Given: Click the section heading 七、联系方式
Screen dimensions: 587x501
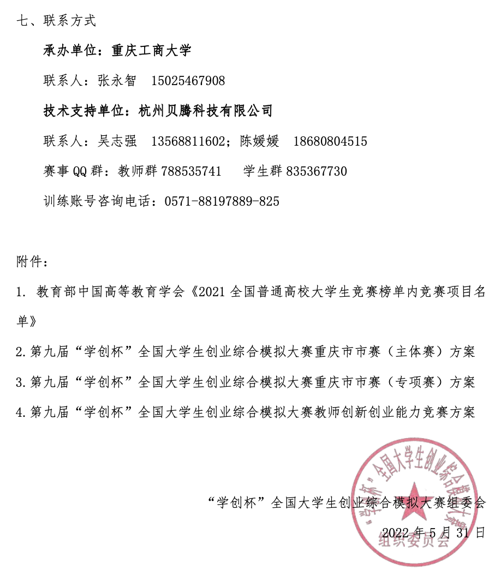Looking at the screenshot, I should [x=56, y=21].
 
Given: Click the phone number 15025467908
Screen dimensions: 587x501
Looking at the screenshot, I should [x=188, y=81].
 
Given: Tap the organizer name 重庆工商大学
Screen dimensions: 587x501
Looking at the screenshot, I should [x=151, y=51].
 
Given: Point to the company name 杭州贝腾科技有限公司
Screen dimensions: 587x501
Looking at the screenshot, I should [x=205, y=111].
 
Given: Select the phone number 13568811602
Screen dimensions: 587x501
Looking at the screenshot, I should [x=187, y=141].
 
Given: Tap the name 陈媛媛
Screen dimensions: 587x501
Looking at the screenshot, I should [x=259, y=141].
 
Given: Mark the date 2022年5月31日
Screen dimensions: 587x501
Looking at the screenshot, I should [x=433, y=532].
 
